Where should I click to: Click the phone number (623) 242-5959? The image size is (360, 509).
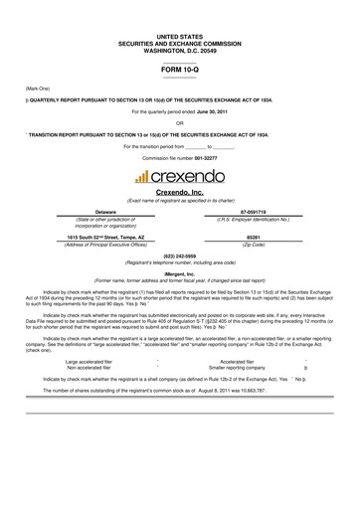click(x=179, y=254)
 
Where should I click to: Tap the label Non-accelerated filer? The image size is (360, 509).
click(x=89, y=367)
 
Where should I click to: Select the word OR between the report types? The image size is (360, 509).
click(x=179, y=123)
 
